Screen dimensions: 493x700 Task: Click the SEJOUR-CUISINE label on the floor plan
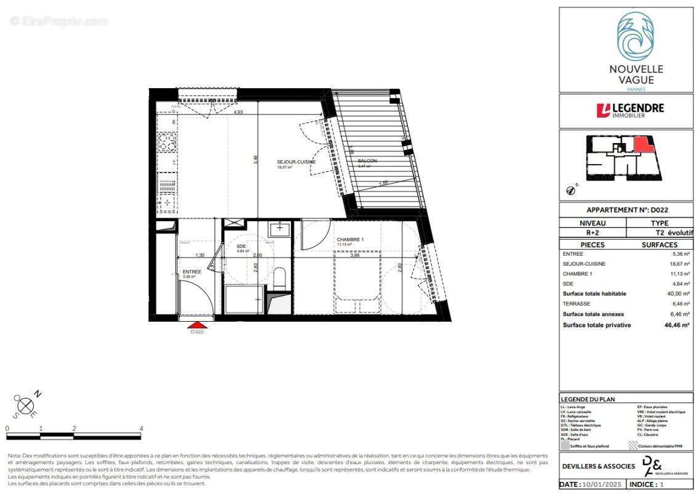[296, 161]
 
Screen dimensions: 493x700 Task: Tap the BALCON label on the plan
[367, 161]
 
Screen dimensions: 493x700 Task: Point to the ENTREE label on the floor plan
[192, 271]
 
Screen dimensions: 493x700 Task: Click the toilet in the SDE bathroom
[279, 278]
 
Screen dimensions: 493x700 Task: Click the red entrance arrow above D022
[197, 325]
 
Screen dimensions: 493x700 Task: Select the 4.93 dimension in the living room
[237, 112]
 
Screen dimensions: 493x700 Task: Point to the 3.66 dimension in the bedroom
[355, 255]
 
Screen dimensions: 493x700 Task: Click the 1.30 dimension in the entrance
[200, 255]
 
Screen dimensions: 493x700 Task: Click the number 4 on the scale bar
[141, 428]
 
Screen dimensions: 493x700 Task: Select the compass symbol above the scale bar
[25, 405]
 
